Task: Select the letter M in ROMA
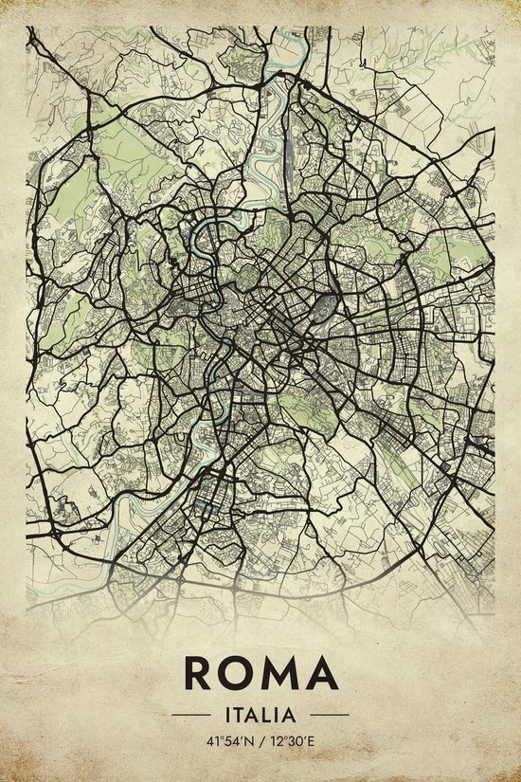279,673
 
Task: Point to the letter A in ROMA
320,673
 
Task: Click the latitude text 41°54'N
225,739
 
